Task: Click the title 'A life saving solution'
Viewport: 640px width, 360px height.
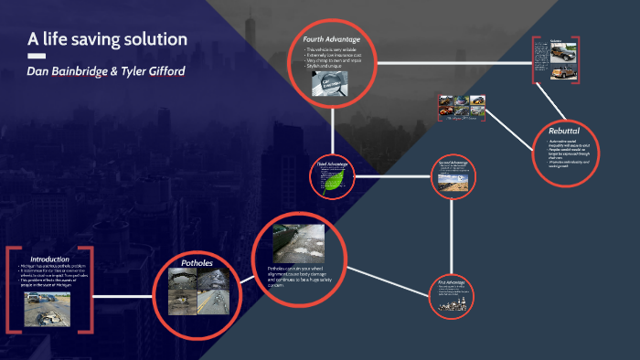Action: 108,39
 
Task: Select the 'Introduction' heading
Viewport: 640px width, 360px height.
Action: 50,259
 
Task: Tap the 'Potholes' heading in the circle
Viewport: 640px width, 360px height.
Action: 197,262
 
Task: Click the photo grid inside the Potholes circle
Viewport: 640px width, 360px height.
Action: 197,292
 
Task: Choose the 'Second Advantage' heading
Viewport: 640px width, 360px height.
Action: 453,163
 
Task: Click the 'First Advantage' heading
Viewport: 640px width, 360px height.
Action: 453,282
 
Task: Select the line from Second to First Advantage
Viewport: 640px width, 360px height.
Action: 453,232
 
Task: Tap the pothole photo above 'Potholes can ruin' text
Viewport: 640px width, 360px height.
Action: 299,235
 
